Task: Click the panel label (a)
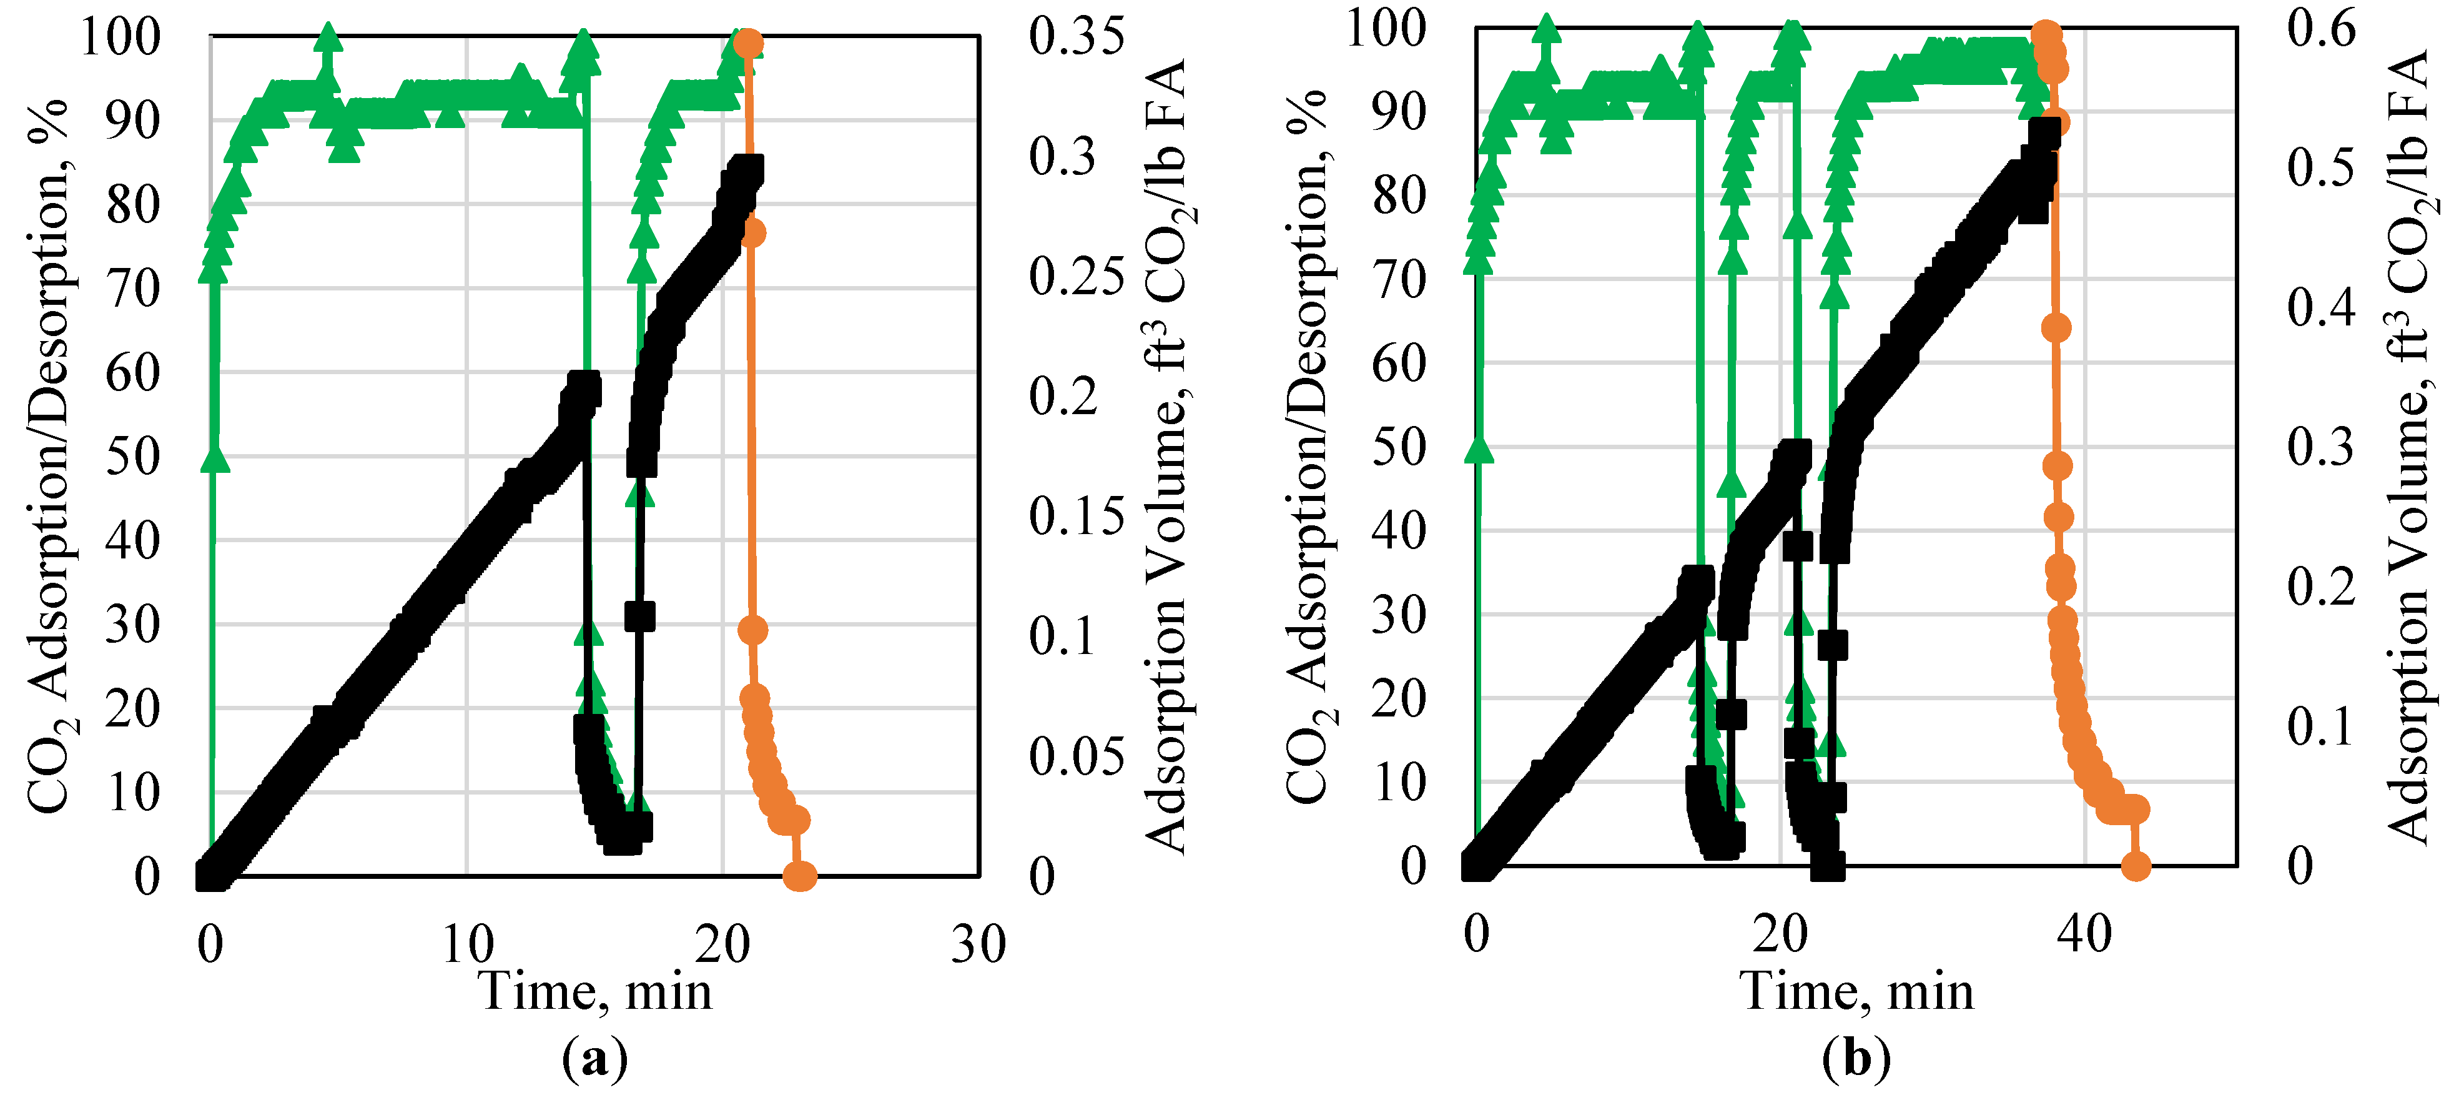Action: click(x=594, y=1059)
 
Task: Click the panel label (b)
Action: click(x=1856, y=1059)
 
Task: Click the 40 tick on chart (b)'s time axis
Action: click(x=2084, y=934)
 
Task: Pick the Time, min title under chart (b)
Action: click(x=1856, y=991)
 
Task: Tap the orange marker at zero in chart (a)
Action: click(x=798, y=875)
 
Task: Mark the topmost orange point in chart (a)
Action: click(x=748, y=44)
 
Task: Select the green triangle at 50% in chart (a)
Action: click(x=215, y=457)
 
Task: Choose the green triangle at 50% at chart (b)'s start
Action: click(x=1479, y=448)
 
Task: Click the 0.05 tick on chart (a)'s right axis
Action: click(x=1075, y=756)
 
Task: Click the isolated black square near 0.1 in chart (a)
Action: click(x=639, y=616)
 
